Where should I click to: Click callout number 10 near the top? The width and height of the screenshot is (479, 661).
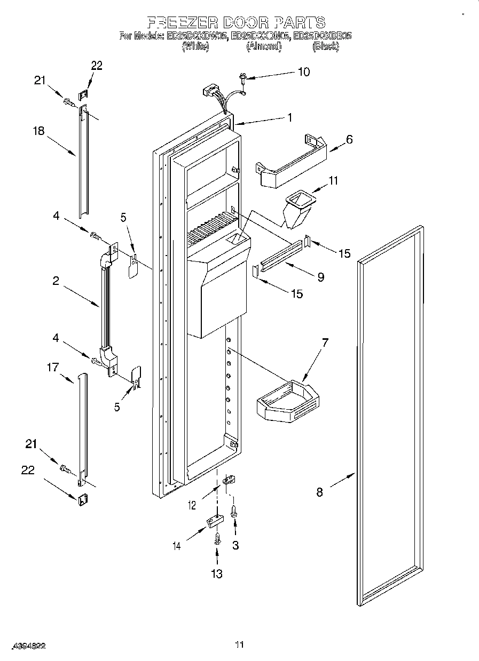pyautogui.click(x=303, y=72)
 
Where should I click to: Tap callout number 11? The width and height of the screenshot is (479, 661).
pyautogui.click(x=333, y=181)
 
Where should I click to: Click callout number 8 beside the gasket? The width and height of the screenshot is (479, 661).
pyautogui.click(x=319, y=492)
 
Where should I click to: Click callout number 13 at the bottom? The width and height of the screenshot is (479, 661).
pyautogui.click(x=216, y=574)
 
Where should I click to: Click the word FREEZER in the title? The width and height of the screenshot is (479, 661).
pyautogui.click(x=181, y=22)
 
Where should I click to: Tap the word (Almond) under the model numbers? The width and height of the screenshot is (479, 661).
pyautogui.click(x=263, y=46)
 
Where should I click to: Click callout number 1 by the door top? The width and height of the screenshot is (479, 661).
pyautogui.click(x=290, y=118)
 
